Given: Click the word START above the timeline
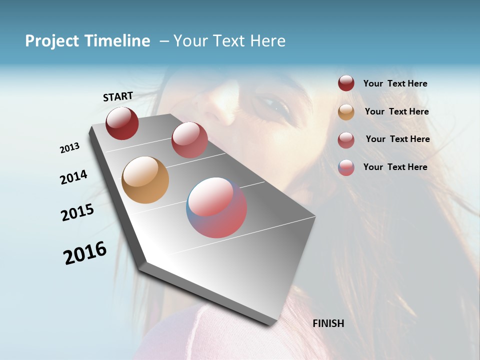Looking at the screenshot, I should tap(118, 96).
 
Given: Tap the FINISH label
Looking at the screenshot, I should tap(328, 323).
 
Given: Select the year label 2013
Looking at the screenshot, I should tap(70, 148).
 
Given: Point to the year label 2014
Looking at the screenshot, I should tap(73, 177).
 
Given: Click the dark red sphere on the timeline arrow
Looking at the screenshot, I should tap(122, 123).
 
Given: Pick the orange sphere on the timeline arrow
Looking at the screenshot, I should tap(145, 180).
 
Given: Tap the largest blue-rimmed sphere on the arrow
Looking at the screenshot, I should tap(216, 207).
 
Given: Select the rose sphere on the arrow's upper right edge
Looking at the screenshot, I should tap(189, 140).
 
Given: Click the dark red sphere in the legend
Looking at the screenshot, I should tap(346, 83).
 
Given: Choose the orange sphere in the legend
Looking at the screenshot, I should tap(346, 112).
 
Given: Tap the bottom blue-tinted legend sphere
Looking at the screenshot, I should tap(346, 167).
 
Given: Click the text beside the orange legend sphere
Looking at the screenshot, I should tap(396, 111).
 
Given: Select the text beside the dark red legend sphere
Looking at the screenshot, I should tap(395, 83).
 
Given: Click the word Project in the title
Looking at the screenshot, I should tap(50, 41).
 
